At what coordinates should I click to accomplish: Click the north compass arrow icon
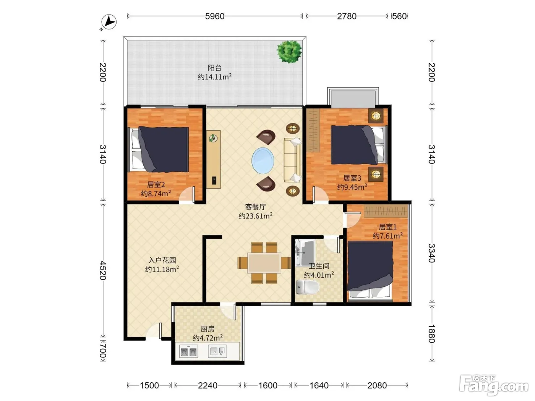(109, 22)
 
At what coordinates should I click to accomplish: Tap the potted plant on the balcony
(289, 52)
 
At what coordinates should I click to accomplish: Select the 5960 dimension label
(214, 16)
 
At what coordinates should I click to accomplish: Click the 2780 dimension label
(347, 16)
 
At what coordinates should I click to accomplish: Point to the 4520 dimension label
(103, 270)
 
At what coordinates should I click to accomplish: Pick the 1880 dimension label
(432, 333)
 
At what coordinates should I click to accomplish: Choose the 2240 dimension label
(208, 385)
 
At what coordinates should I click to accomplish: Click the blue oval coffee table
(263, 160)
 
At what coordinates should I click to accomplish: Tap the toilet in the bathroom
(307, 287)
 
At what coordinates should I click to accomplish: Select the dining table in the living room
(264, 263)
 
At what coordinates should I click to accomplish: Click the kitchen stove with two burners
(188, 352)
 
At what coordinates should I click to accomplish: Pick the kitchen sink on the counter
(217, 351)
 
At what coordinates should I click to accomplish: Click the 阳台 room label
(214, 68)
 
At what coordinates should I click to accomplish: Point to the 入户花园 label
(162, 260)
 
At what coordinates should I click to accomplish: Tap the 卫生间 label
(319, 266)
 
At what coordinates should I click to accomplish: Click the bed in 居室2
(160, 149)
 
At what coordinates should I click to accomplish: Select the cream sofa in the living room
(292, 160)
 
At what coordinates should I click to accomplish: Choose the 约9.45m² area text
(352, 187)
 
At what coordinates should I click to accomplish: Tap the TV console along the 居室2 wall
(214, 159)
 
